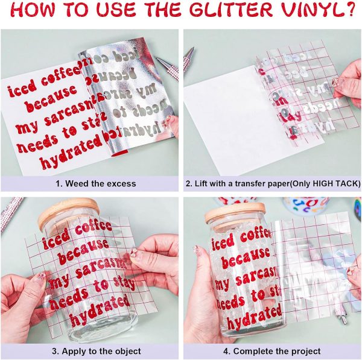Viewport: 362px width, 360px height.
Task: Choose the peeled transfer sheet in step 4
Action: tap(302, 265)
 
